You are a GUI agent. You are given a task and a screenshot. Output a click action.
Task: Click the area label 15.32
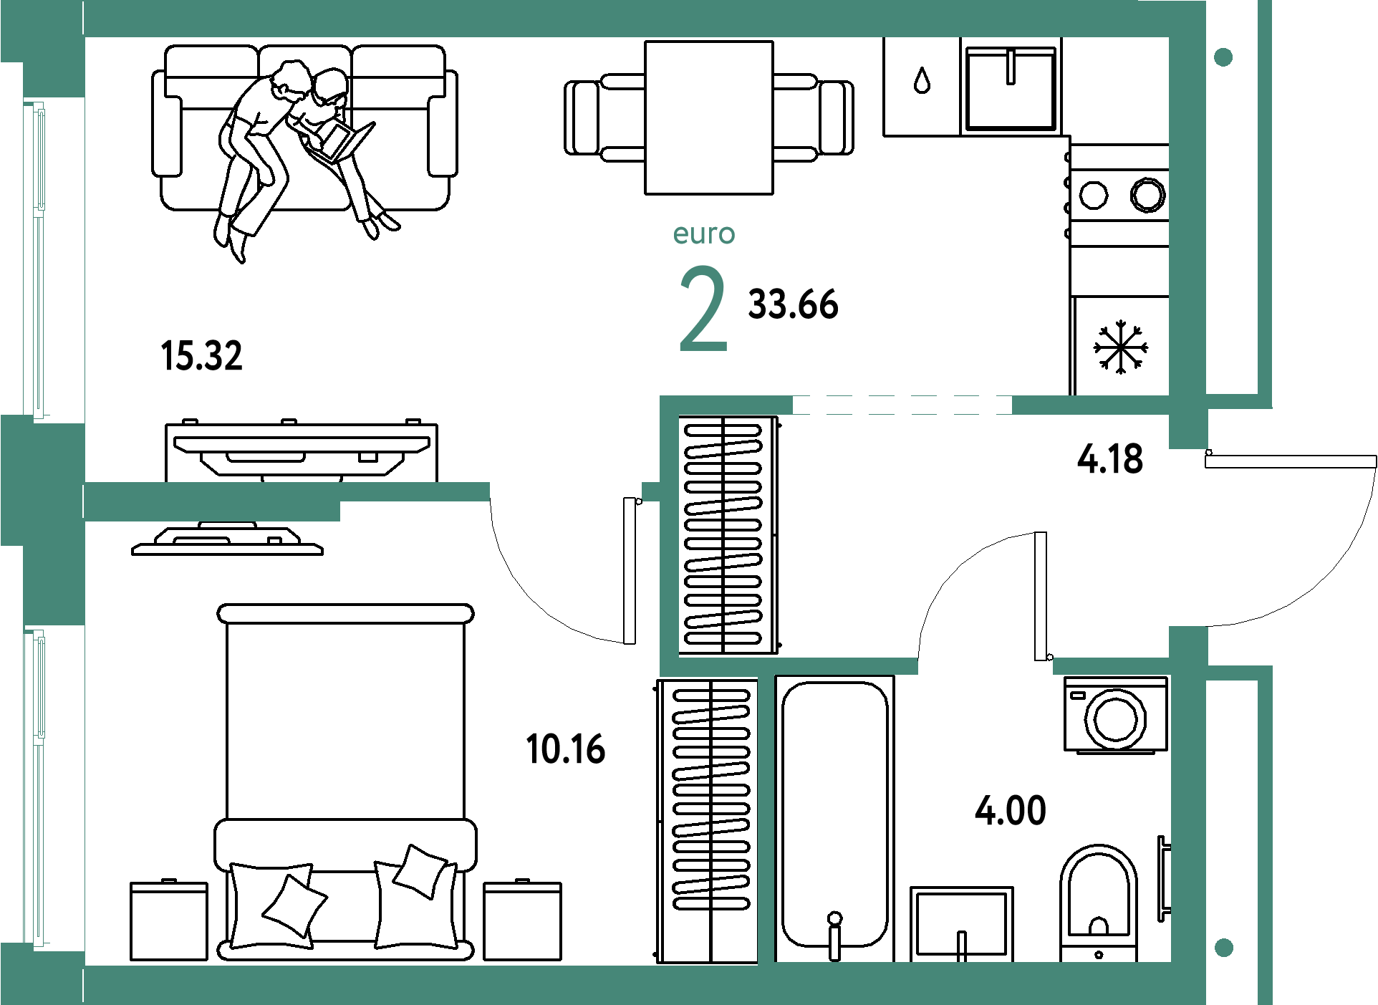pos(203,356)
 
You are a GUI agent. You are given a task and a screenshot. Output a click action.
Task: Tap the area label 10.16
pos(566,749)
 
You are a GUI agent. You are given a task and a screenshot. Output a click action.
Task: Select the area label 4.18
pos(1110,459)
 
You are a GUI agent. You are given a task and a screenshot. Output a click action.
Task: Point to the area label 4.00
pos(1011,811)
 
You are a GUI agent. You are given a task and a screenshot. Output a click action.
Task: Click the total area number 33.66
pos(793,304)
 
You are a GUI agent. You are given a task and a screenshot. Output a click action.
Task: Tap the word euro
pos(704,234)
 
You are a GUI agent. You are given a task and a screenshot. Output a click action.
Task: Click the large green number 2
pos(703,309)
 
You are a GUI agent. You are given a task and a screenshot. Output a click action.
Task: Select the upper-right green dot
pos(1223,57)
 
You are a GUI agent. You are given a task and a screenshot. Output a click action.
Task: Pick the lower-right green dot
pos(1224,948)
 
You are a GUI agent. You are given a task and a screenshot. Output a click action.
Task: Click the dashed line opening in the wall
pos(902,405)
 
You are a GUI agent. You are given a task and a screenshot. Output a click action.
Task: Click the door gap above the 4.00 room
pos(985,666)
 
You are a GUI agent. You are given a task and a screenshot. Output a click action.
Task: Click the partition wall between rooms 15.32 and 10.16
pos(286,492)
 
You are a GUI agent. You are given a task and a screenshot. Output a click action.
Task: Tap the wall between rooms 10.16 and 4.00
pos(766,817)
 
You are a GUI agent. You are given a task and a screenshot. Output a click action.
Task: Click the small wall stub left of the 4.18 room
pos(651,491)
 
